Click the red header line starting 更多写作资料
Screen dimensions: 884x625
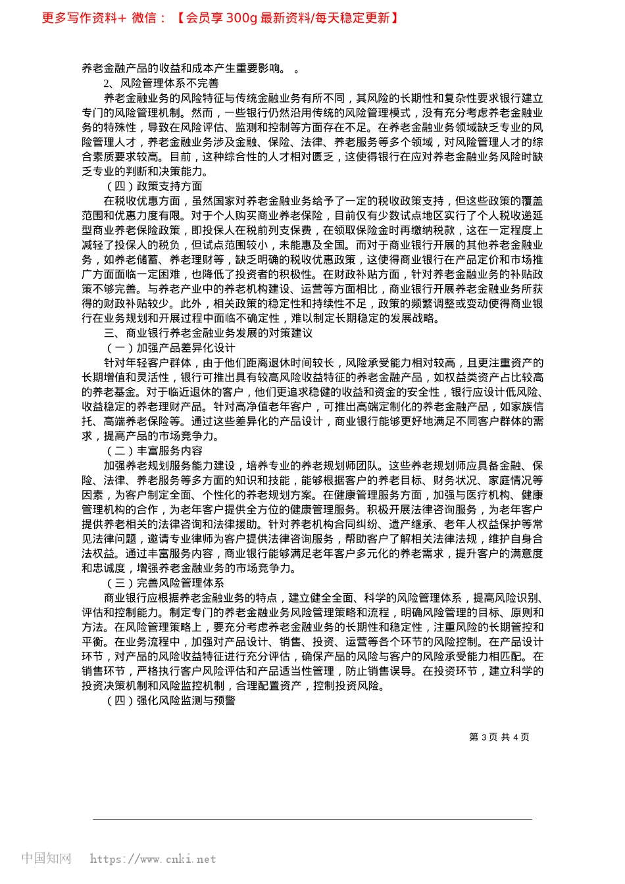pos(220,18)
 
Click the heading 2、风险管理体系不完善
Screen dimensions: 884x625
pos(161,84)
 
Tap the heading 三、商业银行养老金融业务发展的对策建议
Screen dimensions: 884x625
pos(208,333)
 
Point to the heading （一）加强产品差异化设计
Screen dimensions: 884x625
pos(170,348)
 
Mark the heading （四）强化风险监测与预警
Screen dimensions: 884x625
pos(170,700)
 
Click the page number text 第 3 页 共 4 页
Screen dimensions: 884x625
pos(499,737)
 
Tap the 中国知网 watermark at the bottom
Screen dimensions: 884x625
pos(46,858)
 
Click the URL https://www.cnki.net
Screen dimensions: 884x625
pos(153,859)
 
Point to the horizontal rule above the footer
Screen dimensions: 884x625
pos(312,819)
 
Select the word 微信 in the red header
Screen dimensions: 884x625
pos(144,18)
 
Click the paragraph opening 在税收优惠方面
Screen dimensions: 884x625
pos(312,260)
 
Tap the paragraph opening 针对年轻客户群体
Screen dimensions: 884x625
pos(312,399)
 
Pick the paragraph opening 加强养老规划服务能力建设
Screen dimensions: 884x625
pos(312,517)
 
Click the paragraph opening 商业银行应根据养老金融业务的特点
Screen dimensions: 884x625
pos(312,642)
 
